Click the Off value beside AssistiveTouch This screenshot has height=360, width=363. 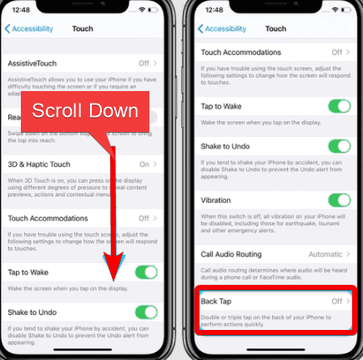[144, 63]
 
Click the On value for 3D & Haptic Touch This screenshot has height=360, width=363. [144, 164]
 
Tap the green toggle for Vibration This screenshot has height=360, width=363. [339, 200]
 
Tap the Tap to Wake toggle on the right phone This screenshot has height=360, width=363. [339, 106]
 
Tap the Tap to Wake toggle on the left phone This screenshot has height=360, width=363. [145, 271]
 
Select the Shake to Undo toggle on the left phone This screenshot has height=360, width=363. [145, 312]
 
